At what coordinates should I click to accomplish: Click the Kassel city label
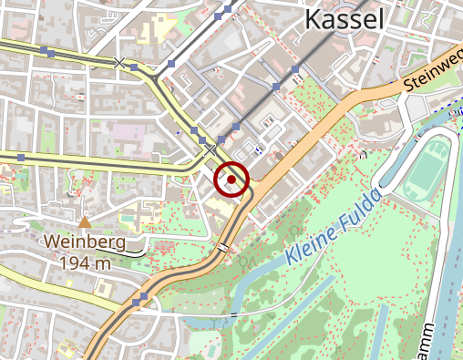pyautogui.click(x=344, y=19)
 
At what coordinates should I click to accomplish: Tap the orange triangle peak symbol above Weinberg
pyautogui.click(x=85, y=221)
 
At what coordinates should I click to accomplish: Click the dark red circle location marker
pyautogui.click(x=231, y=180)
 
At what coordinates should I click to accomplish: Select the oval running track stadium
pyautogui.click(x=427, y=170)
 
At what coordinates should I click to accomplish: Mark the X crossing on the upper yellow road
pyautogui.click(x=118, y=62)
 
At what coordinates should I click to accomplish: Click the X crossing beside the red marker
pyautogui.click(x=211, y=149)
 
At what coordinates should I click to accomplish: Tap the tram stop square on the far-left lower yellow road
pyautogui.click(x=20, y=158)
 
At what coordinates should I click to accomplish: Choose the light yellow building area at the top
pyautogui.click(x=161, y=26)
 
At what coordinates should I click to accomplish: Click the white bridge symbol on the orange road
pyautogui.click(x=223, y=248)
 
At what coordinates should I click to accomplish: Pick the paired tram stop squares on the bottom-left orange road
pyautogui.click(x=139, y=300)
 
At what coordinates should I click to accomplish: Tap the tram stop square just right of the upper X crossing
pyautogui.click(x=134, y=67)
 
